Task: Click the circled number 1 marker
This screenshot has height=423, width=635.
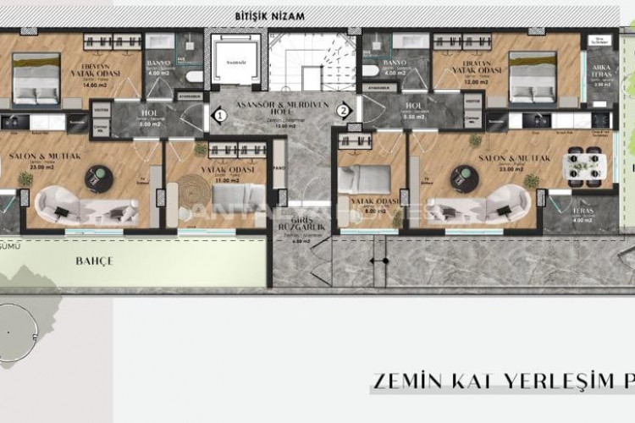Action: pyautogui.click(x=218, y=113)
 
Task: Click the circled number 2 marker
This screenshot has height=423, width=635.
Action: pyautogui.click(x=343, y=109)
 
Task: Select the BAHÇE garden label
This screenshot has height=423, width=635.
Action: pyautogui.click(x=95, y=261)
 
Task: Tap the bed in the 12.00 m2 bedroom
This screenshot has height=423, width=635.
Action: pyautogui.click(x=533, y=77)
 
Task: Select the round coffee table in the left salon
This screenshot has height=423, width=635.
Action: pyautogui.click(x=99, y=175)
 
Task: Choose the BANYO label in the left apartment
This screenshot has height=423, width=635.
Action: pyautogui.click(x=158, y=63)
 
